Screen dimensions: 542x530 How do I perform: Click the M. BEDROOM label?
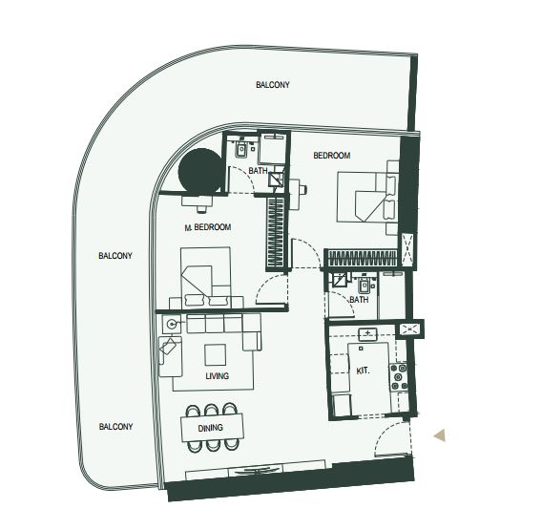click(x=208, y=227)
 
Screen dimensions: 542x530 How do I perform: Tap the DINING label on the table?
click(x=210, y=428)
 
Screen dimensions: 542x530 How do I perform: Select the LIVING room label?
click(x=217, y=375)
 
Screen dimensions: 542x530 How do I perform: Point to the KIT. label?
click(x=363, y=371)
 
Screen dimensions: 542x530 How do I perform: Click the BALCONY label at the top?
click(x=273, y=85)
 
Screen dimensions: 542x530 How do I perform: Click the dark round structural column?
click(x=200, y=171)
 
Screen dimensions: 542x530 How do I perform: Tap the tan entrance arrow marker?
click(x=440, y=435)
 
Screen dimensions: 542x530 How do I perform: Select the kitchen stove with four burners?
click(x=399, y=376)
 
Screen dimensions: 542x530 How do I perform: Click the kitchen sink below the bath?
click(x=367, y=334)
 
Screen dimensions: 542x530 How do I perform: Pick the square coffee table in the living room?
click(x=216, y=354)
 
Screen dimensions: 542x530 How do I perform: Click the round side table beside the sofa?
click(x=172, y=324)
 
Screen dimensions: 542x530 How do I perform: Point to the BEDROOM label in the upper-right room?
click(x=331, y=156)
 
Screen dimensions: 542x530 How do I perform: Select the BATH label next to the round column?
click(x=258, y=171)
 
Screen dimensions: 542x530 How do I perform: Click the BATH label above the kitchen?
click(x=359, y=300)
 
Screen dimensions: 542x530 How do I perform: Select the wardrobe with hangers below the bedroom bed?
click(x=362, y=258)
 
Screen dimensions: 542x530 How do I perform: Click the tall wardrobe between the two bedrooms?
click(x=276, y=233)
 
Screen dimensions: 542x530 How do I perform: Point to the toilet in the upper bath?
click(x=241, y=149)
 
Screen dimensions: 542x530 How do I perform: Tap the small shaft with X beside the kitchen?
click(x=410, y=329)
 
